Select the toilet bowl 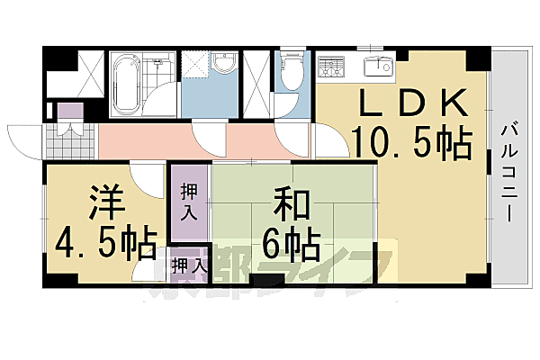point(291,72)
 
